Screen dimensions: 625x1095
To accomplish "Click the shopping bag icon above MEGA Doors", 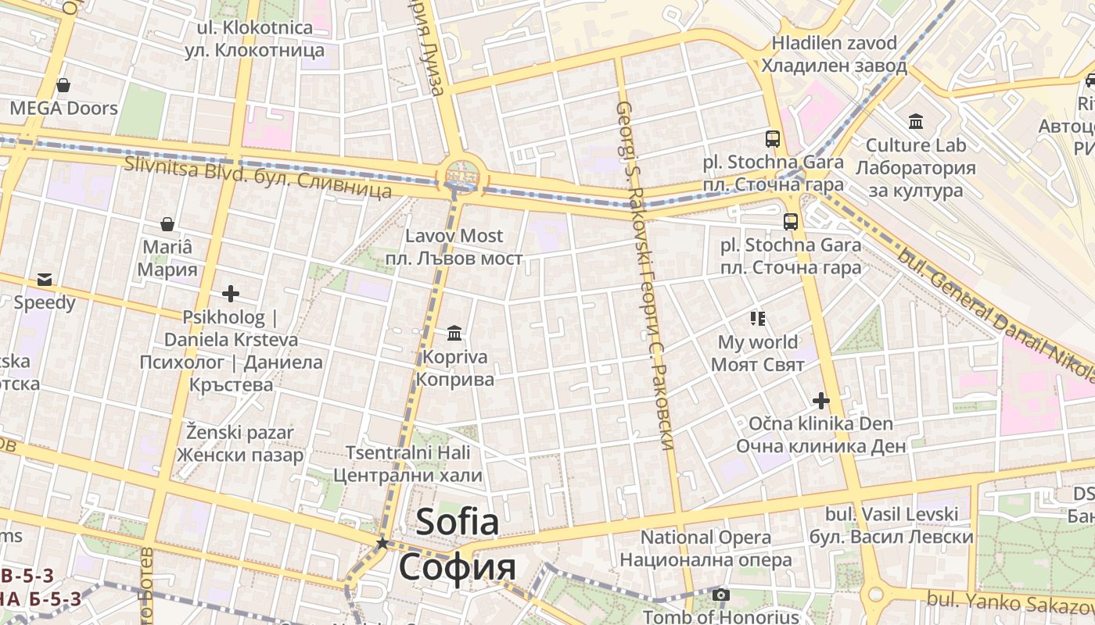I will (x=63, y=84).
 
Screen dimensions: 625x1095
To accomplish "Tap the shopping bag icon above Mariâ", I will (x=167, y=224).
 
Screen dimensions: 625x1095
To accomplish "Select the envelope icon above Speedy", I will (x=44, y=279).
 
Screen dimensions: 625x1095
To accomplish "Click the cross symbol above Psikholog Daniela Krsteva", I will (x=230, y=294).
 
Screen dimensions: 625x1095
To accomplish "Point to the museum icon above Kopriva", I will (x=454, y=334).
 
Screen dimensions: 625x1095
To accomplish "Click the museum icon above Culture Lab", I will (x=916, y=121).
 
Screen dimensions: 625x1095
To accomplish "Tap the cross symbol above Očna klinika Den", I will (x=820, y=401).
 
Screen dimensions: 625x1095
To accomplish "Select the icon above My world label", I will (x=757, y=318).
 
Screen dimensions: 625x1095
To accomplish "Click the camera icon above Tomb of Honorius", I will (x=721, y=595).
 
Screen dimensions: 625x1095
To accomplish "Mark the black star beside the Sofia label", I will (x=382, y=542).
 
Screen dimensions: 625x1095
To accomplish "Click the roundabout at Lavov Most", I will (x=461, y=173).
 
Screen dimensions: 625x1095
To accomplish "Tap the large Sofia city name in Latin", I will (x=457, y=522).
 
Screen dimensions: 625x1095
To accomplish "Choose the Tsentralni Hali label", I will (x=408, y=453).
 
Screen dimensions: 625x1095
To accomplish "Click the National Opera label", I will (x=705, y=537).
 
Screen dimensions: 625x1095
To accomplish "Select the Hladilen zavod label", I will (x=834, y=43).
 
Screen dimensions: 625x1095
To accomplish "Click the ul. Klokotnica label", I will (x=255, y=28).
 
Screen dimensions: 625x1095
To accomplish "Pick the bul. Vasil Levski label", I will (x=892, y=514).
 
